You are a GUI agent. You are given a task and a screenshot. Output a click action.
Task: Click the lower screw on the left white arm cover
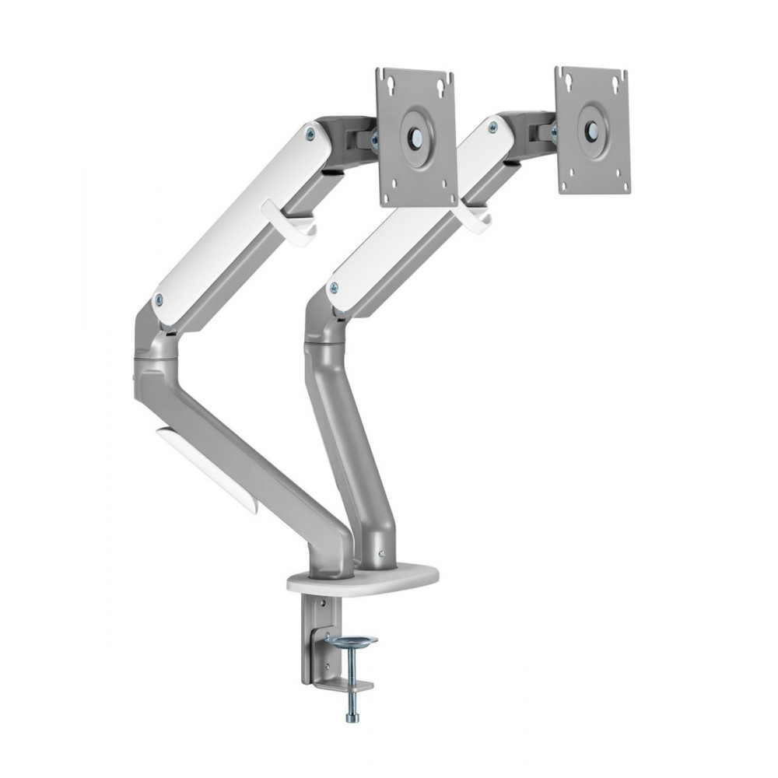(159, 297)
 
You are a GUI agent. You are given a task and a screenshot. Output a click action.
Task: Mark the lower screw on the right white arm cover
(334, 287)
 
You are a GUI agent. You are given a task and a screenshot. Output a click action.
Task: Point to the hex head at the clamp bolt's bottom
(352, 717)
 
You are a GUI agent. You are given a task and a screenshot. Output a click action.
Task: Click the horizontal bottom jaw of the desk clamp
(342, 685)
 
